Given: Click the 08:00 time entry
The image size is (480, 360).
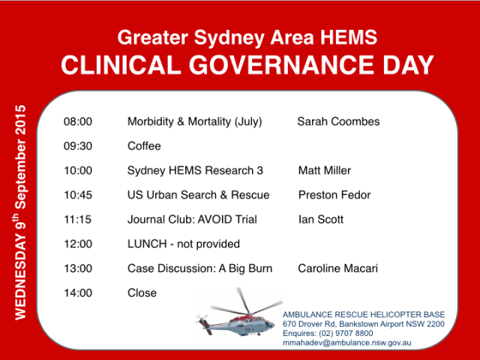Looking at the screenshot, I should click(x=77, y=121).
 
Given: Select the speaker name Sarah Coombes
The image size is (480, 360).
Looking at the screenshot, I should click(x=338, y=121).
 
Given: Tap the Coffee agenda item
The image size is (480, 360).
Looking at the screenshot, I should click(x=144, y=146).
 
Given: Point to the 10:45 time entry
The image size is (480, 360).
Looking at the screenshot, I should click(x=77, y=195).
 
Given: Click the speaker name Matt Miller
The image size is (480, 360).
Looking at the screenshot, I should click(x=324, y=170).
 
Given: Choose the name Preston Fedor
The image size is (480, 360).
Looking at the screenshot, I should click(x=334, y=195).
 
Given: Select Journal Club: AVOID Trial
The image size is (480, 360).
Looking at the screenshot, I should click(x=192, y=220).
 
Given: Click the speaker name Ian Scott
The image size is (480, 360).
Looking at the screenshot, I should click(x=320, y=220).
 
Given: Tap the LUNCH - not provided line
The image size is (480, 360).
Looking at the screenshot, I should click(x=184, y=244).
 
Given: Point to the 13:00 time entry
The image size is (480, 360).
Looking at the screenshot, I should click(x=77, y=268).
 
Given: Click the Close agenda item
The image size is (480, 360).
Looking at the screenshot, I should click(x=142, y=292).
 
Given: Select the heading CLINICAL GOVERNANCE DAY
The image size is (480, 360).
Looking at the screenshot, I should click(x=247, y=65).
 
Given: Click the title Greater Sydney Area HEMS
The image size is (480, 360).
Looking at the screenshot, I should click(x=247, y=37).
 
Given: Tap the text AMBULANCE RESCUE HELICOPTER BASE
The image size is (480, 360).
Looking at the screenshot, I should click(x=364, y=314).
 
